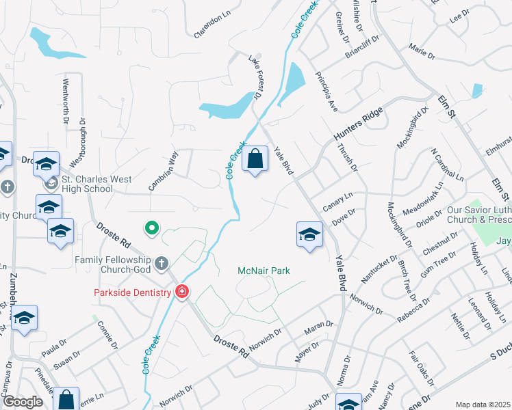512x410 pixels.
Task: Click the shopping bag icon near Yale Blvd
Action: [x=255, y=159]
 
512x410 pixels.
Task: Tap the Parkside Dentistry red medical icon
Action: [x=182, y=292]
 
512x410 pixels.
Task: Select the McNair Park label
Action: [x=264, y=271]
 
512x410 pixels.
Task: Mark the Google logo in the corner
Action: [x=23, y=402]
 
